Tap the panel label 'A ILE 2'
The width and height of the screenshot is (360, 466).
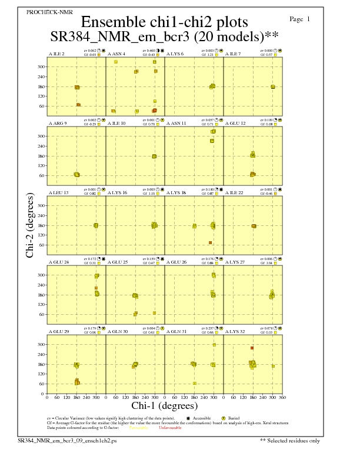point(56,54)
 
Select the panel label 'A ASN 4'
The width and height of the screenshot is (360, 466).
point(116,54)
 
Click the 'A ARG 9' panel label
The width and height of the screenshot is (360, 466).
point(57,124)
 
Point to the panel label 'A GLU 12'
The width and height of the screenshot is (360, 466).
point(235,124)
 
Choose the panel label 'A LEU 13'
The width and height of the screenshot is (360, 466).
point(58,192)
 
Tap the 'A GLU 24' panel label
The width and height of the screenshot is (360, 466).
point(58,262)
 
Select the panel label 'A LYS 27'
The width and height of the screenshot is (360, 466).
point(235,262)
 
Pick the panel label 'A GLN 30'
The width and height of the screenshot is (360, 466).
point(118,331)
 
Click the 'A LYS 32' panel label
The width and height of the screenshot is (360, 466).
point(235,331)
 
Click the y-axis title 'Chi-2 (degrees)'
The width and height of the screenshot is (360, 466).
point(30,225)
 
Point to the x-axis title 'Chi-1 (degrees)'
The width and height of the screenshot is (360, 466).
point(164,405)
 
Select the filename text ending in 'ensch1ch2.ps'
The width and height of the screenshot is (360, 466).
point(67,440)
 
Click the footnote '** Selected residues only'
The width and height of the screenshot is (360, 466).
point(290,440)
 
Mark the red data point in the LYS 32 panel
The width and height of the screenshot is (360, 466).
point(252,348)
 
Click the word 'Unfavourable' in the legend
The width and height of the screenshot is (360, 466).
point(170,428)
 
